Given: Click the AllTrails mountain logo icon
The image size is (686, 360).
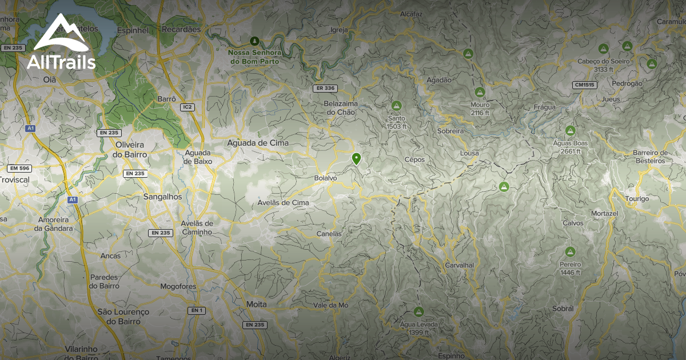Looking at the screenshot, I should pyautogui.click(x=61, y=34).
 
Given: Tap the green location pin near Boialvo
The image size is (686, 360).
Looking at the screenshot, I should pyautogui.click(x=357, y=158).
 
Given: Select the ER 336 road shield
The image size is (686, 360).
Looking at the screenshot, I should pyautogui.click(x=325, y=88).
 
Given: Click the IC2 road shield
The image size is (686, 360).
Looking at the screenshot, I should pyautogui.click(x=187, y=107).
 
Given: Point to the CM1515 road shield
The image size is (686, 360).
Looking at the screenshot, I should pyautogui.click(x=584, y=85).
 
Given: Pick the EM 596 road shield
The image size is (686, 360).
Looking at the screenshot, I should pyautogui.click(x=19, y=168).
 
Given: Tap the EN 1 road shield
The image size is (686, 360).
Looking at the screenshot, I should pyautogui.click(x=197, y=310).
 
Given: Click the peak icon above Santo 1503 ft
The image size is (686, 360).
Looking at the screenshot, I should pyautogui.click(x=397, y=106).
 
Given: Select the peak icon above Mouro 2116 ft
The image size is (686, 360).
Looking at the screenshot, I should pyautogui.click(x=480, y=92).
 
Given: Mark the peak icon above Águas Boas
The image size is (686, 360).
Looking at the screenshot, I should pyautogui.click(x=570, y=130).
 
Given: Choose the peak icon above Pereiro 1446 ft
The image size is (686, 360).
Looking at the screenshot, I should pyautogui.click(x=570, y=251).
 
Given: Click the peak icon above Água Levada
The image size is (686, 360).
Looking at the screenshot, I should pyautogui.click(x=418, y=312).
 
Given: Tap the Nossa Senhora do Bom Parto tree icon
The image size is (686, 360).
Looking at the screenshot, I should pyautogui.click(x=254, y=41).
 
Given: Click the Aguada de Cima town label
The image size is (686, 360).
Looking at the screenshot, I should pyautogui.click(x=258, y=143).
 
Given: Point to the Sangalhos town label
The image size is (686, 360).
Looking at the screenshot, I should pyautogui.click(x=163, y=197).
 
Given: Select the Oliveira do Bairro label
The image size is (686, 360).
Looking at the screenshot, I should pyautogui.click(x=130, y=150).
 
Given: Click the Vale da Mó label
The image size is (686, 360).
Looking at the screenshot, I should pyautogui.click(x=331, y=305).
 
